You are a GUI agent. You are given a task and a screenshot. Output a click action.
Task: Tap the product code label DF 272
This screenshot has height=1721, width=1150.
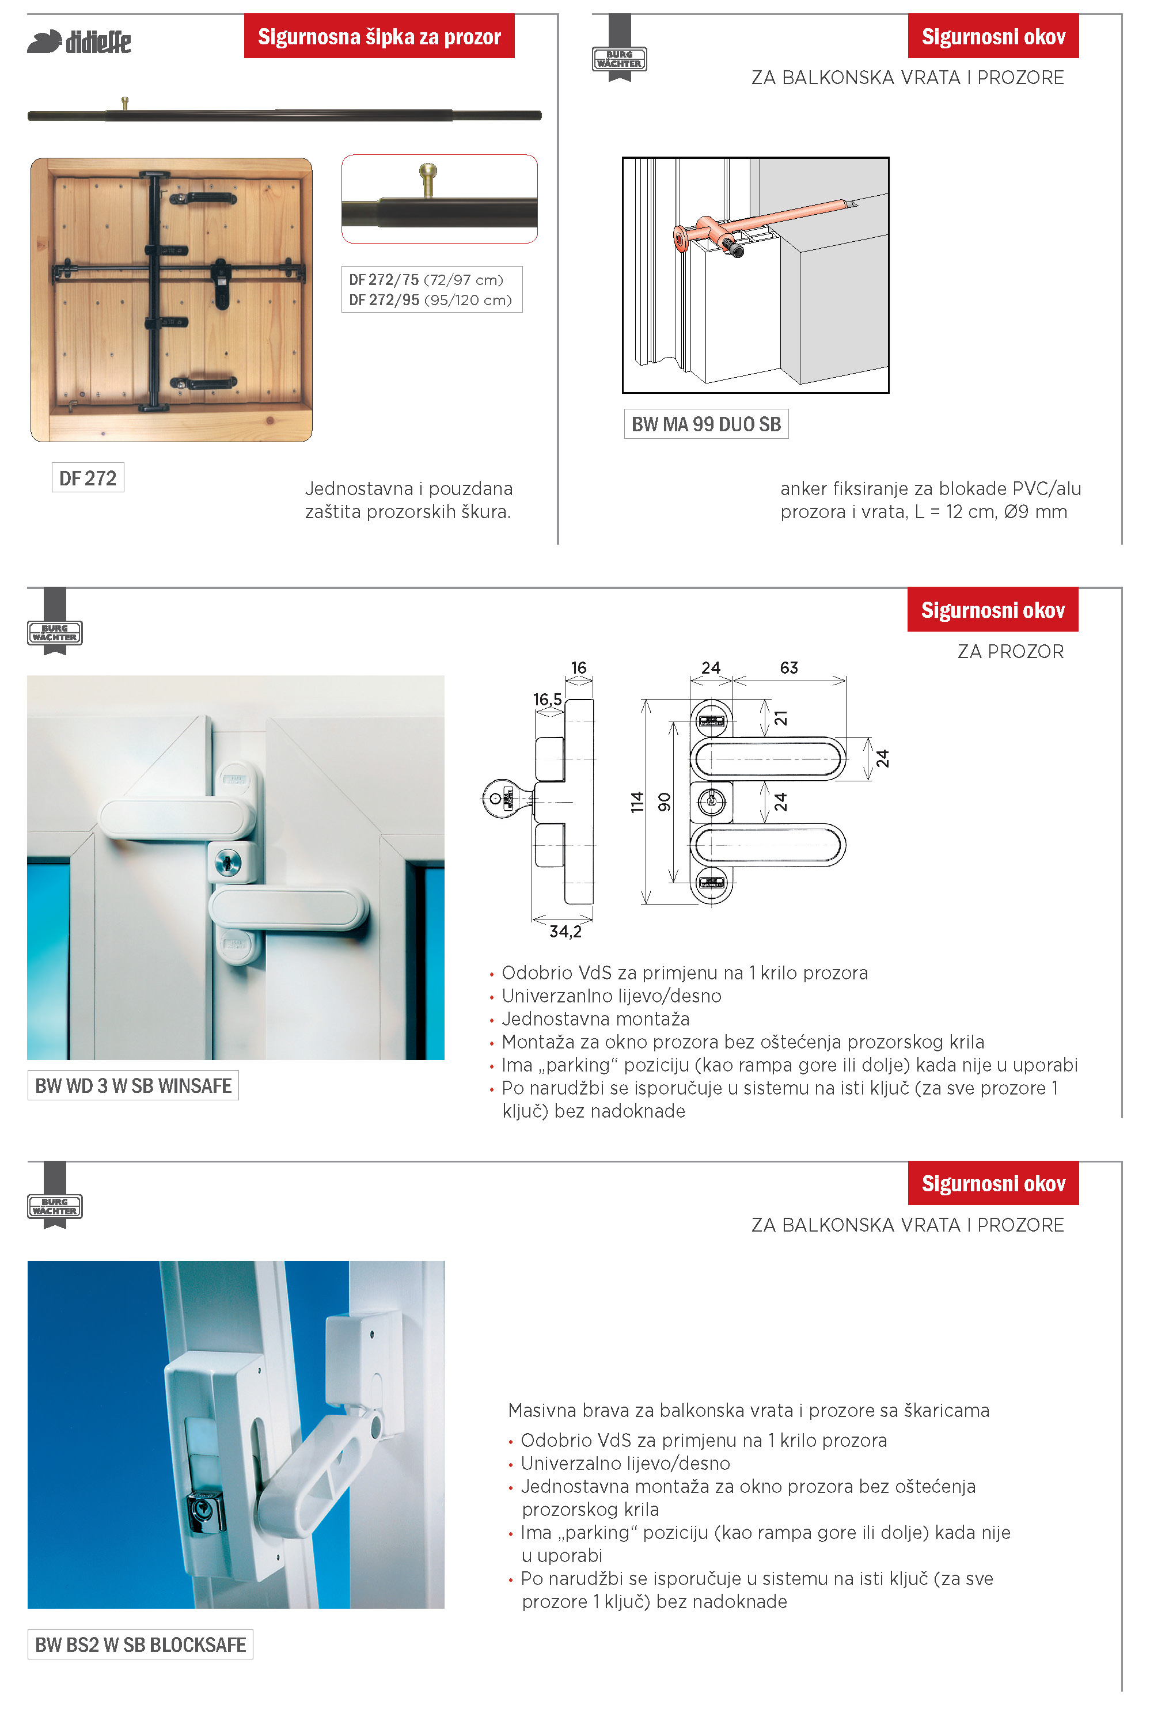pos(88,478)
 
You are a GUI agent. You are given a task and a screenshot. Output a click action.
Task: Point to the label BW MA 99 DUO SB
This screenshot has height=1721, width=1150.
pos(705,424)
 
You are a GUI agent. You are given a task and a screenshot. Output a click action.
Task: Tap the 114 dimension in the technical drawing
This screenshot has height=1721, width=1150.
pos(636,801)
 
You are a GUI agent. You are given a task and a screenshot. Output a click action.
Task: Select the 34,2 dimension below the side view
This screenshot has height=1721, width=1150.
pos(565,931)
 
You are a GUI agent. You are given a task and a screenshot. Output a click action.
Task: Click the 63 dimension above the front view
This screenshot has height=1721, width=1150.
pos(788,667)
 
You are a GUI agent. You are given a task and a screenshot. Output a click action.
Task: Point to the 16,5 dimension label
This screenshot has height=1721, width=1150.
pos(547,700)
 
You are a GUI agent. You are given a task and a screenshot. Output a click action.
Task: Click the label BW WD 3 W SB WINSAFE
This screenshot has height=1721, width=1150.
pos(133,1085)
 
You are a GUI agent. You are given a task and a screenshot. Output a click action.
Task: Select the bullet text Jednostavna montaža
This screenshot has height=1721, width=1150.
pos(595,1019)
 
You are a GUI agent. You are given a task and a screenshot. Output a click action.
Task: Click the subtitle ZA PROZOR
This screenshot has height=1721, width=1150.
pos(1010,651)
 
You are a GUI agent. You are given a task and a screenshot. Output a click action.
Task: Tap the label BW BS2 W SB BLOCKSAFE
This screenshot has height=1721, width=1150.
pos(140,1644)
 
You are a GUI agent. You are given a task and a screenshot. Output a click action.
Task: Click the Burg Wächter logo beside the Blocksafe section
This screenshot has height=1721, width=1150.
pos(55,1205)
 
